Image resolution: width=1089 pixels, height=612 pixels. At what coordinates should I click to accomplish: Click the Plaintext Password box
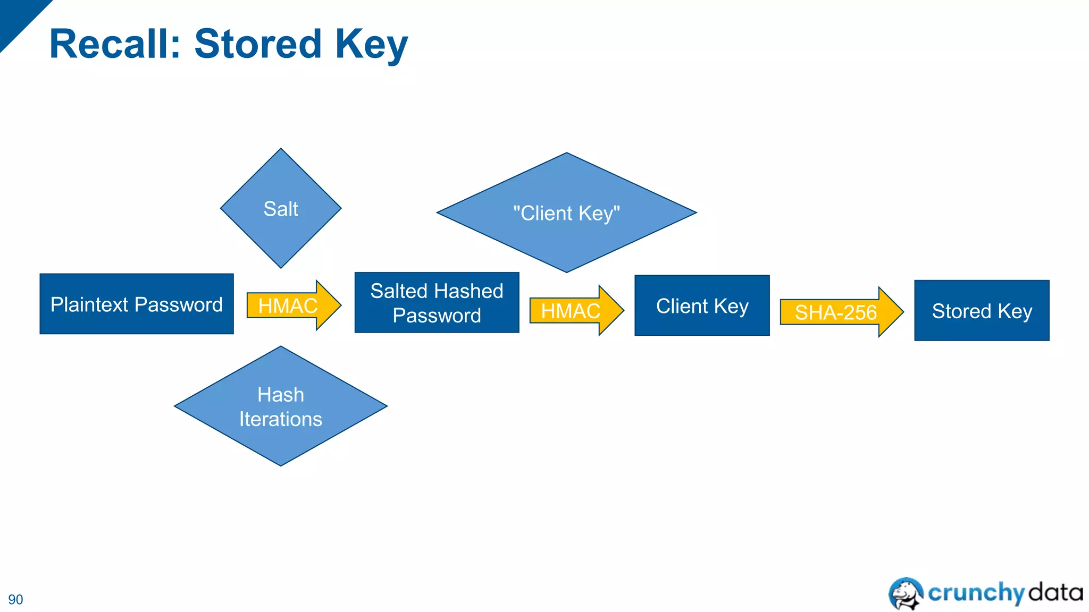tap(137, 304)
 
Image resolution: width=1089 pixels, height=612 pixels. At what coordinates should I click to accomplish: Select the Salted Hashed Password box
tap(437, 303)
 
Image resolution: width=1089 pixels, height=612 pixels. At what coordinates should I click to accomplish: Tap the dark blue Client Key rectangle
tap(702, 305)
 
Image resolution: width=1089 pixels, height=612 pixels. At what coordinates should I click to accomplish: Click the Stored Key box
tap(982, 310)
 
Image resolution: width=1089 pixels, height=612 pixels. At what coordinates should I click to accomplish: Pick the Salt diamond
tap(281, 208)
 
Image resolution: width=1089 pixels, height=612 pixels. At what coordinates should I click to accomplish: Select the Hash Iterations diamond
tap(281, 406)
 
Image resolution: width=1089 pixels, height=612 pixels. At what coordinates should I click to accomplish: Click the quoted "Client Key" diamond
tap(566, 213)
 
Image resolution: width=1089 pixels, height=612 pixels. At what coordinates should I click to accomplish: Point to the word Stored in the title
tap(258, 44)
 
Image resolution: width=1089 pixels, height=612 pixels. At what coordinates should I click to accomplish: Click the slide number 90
tap(15, 599)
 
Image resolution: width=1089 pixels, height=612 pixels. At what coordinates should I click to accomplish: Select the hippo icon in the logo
tap(906, 593)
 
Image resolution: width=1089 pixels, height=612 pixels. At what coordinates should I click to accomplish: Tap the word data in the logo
tap(1056, 592)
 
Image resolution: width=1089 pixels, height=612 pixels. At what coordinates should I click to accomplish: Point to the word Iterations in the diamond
tap(281, 419)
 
